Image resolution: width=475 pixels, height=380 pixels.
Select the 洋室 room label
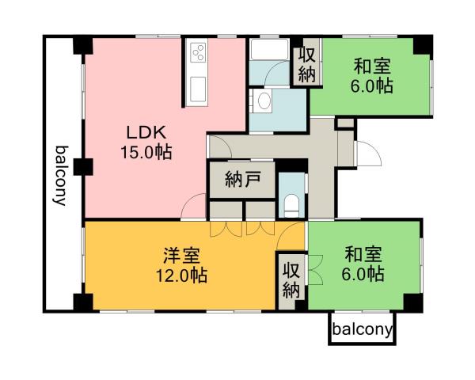[182, 256]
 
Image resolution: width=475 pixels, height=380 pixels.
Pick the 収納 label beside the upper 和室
[307, 65]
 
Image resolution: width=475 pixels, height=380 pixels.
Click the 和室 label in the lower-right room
[364, 255]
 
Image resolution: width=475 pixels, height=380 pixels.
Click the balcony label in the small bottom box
[362, 329]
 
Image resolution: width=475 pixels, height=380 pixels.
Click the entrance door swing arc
[367, 152]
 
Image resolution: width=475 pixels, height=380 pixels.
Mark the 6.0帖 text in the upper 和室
[372, 85]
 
